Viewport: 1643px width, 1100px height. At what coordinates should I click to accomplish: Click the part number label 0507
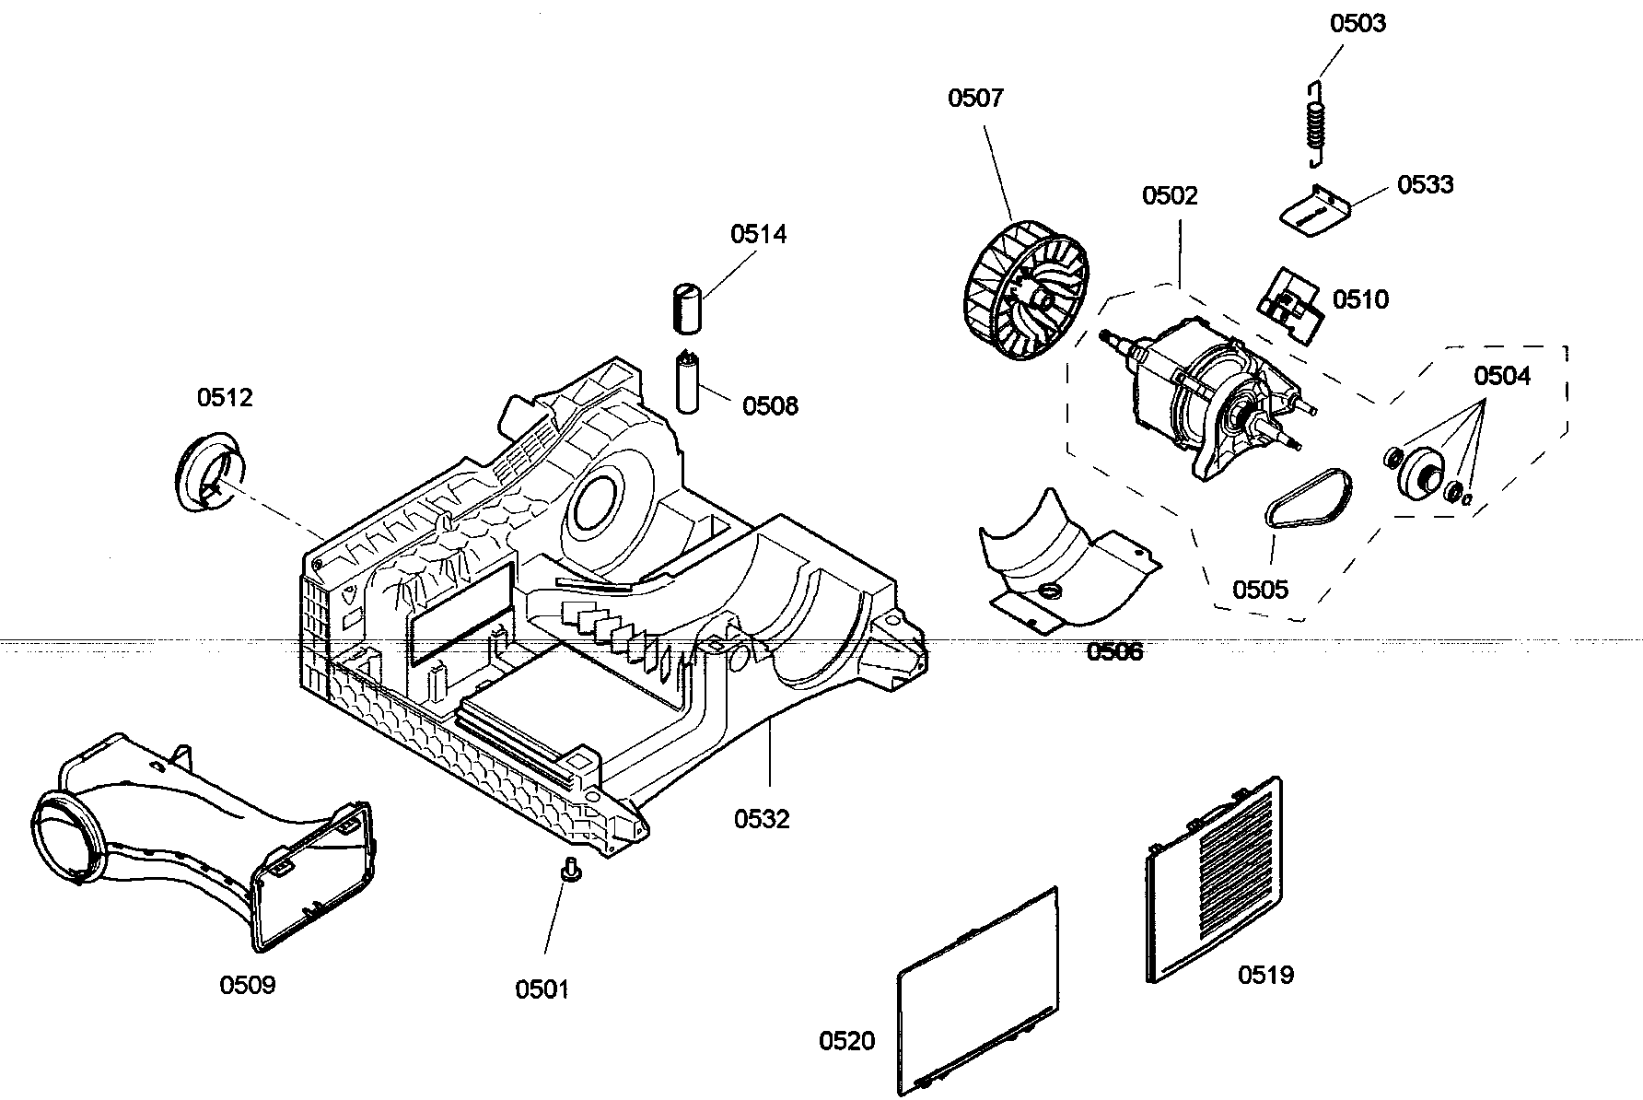click(x=975, y=98)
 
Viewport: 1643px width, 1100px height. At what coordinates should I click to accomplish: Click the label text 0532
click(x=762, y=818)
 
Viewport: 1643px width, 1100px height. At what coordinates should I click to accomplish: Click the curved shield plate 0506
click(x=1059, y=562)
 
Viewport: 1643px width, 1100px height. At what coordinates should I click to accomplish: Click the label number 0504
click(x=1502, y=376)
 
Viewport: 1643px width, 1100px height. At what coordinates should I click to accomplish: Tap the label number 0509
click(x=248, y=985)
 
